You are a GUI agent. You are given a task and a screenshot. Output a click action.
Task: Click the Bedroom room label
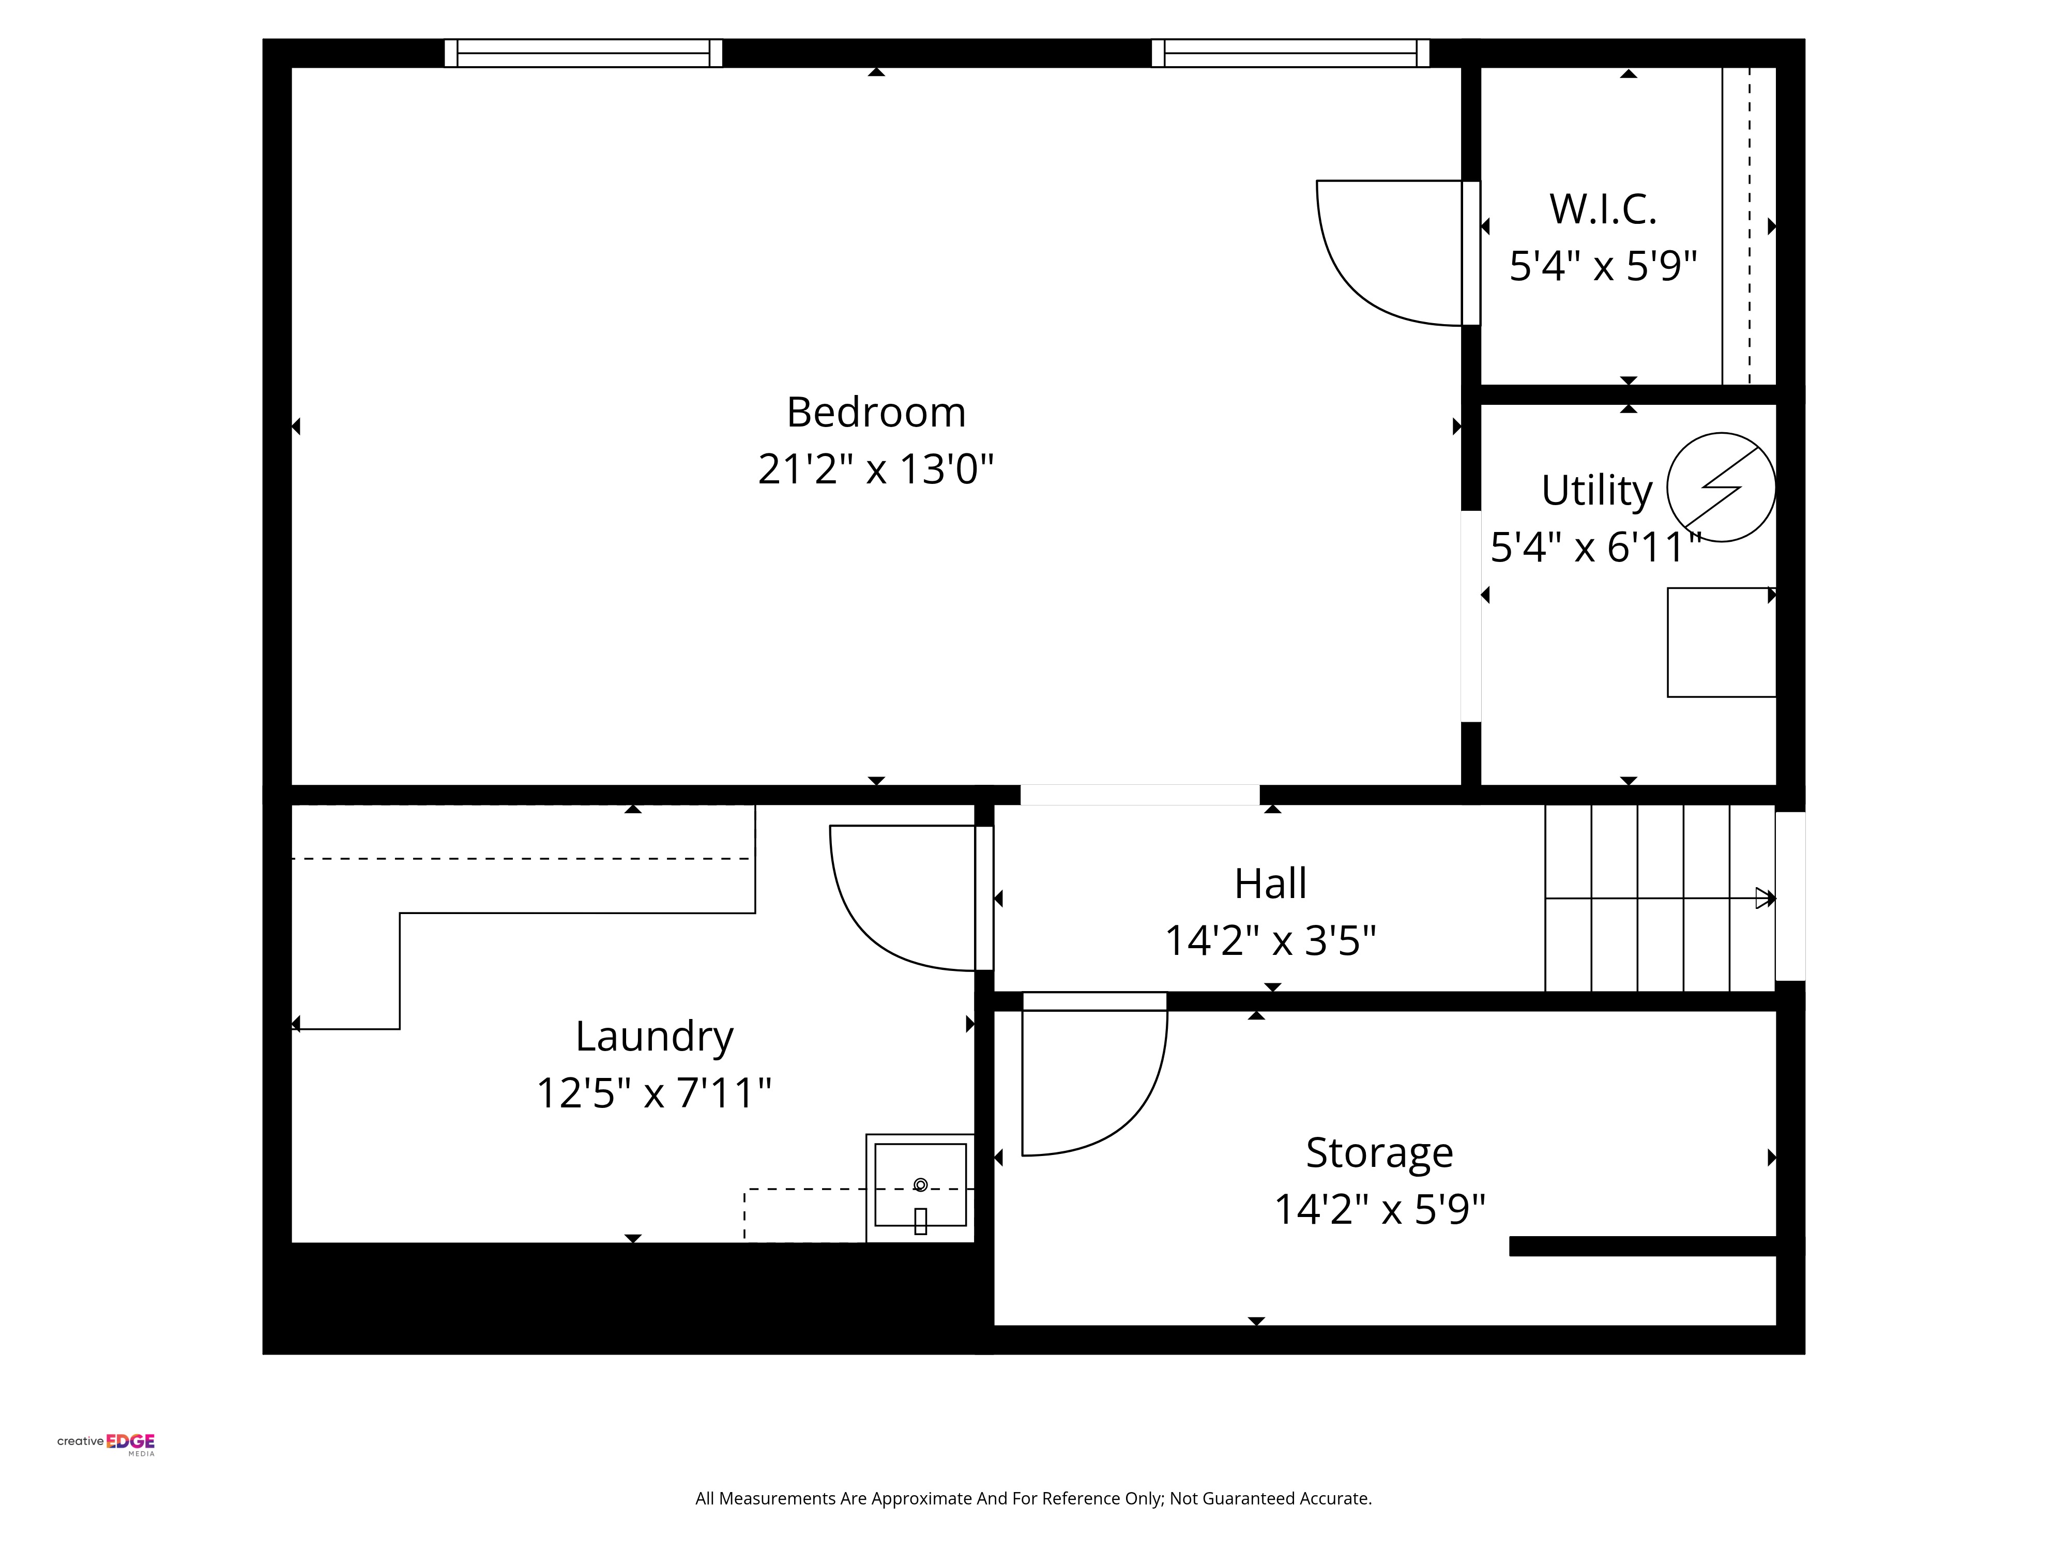click(876, 412)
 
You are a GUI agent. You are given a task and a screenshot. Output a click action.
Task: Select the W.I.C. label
click(1603, 209)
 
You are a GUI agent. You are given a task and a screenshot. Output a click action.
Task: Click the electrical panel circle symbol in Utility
click(1721, 487)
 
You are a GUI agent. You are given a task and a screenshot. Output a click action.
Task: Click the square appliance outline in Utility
click(1721, 642)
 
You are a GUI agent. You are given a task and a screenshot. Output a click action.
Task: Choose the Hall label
click(1271, 884)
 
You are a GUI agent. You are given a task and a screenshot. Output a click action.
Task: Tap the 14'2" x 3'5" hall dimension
click(1271, 940)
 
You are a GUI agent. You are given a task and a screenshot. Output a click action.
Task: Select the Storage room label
click(1380, 1153)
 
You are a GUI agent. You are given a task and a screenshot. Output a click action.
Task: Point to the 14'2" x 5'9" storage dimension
click(1380, 1210)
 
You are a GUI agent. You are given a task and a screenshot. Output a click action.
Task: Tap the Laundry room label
click(655, 1037)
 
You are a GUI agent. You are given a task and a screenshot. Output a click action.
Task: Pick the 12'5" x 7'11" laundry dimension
click(655, 1093)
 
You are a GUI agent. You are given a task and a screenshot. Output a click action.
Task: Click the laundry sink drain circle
click(920, 1184)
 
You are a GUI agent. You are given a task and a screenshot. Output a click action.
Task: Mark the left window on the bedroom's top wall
click(583, 53)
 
